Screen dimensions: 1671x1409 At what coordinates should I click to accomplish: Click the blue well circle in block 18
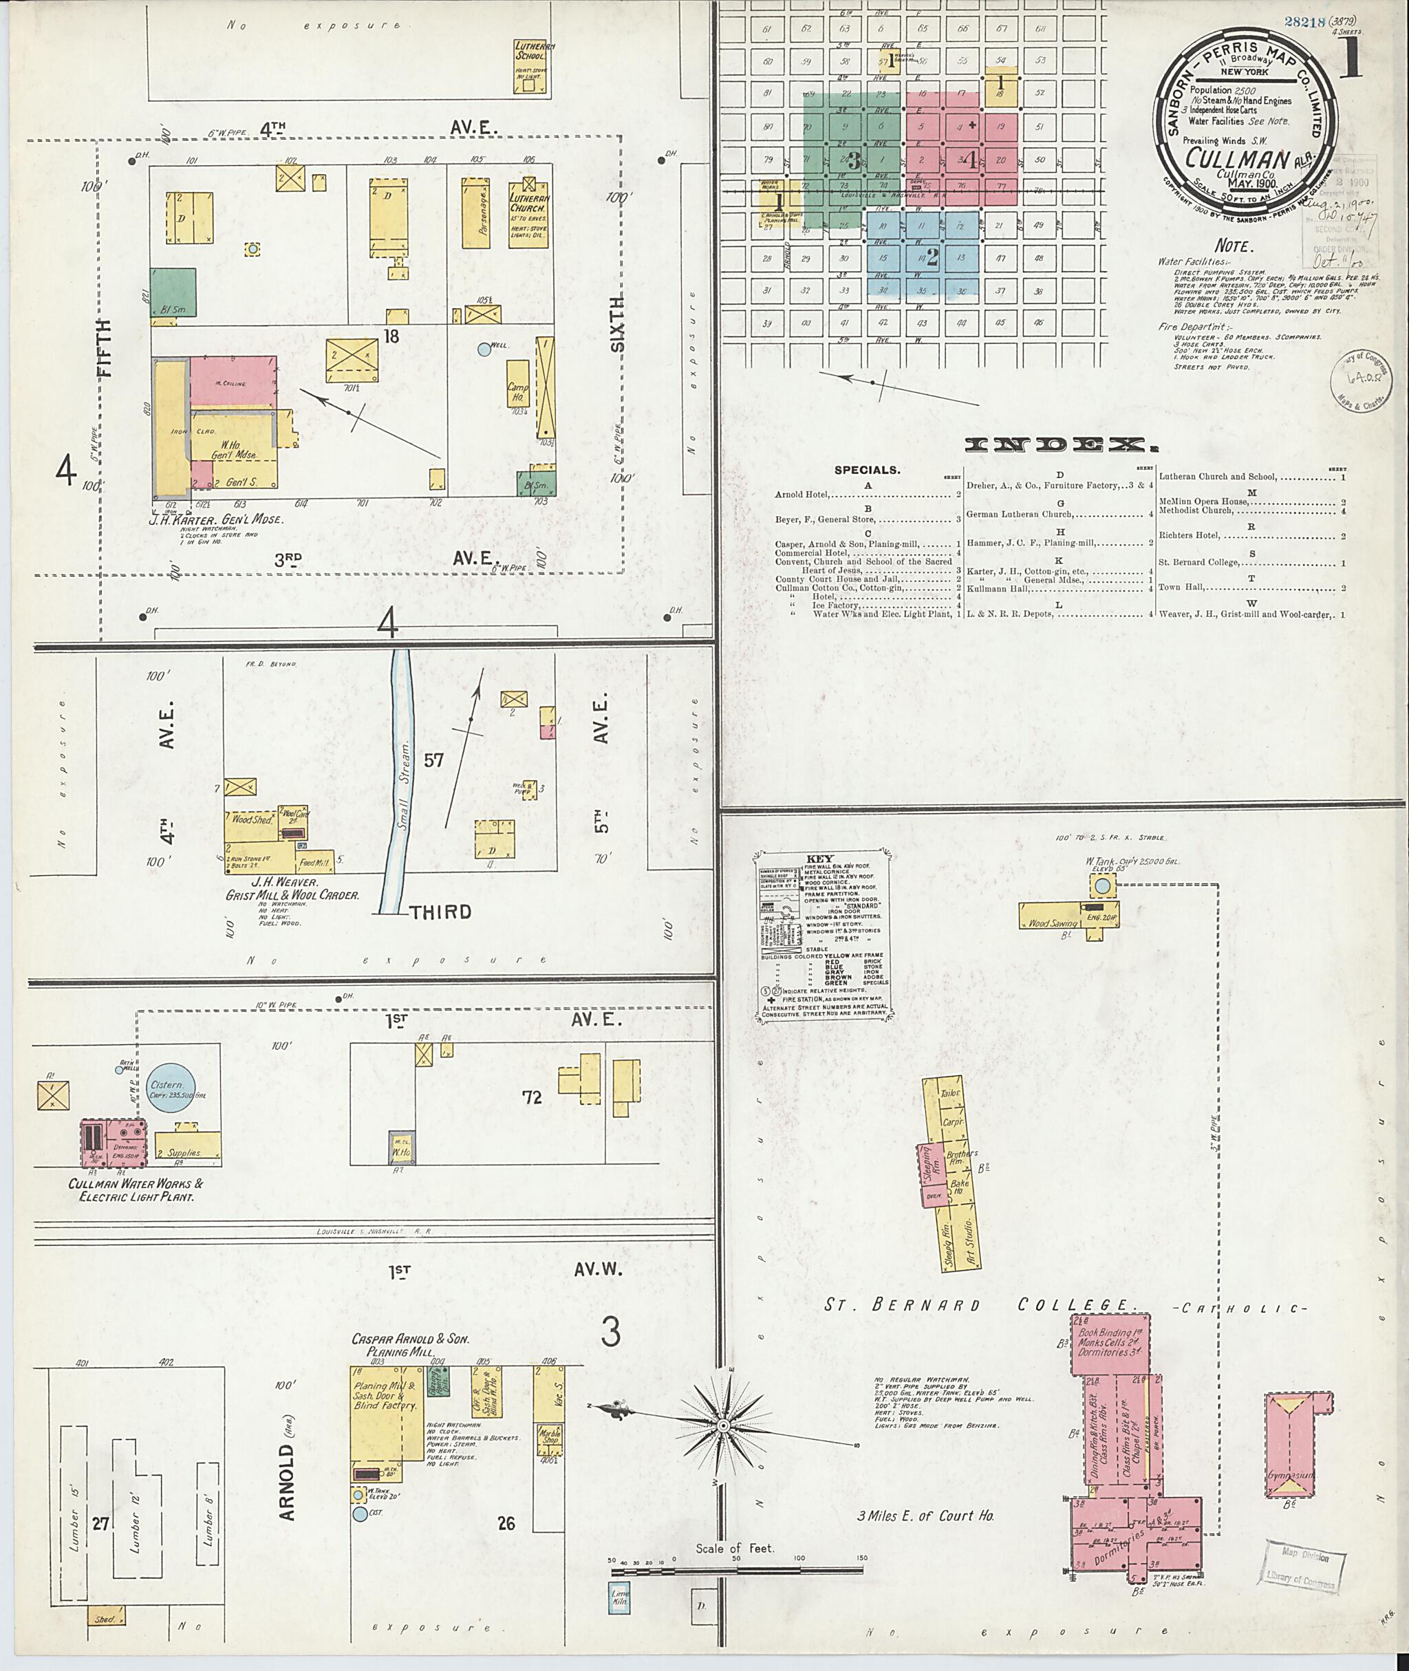tap(482, 349)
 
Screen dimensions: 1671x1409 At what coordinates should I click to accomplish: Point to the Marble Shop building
tap(550, 1440)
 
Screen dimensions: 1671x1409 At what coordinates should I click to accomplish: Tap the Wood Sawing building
tap(1051, 923)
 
